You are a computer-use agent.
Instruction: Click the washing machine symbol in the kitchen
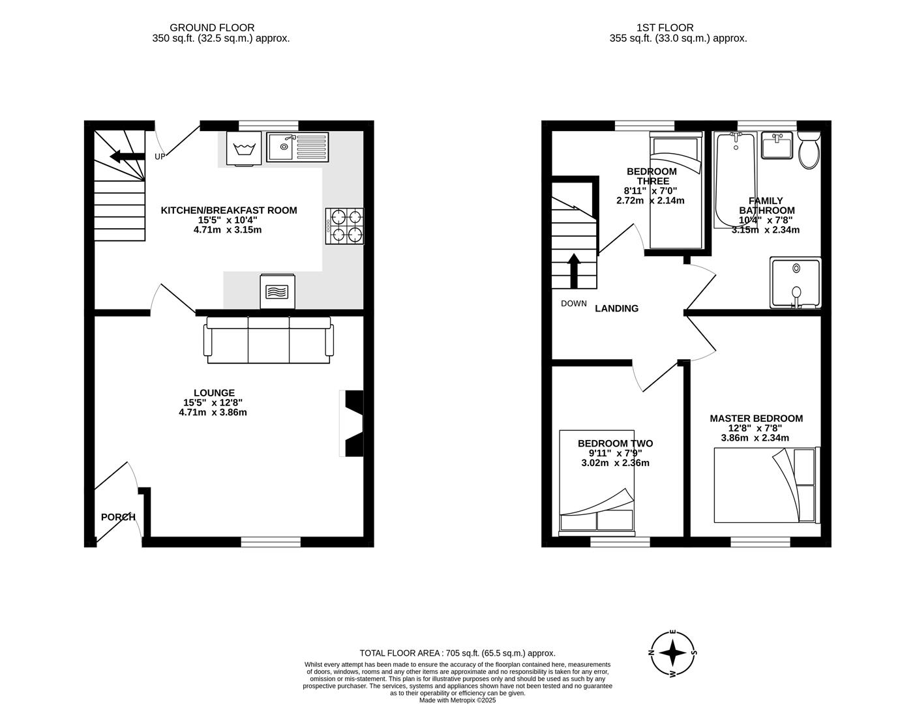coord(244,149)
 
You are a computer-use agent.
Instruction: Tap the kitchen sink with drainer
coord(298,147)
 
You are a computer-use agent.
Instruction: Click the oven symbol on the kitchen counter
coord(277,291)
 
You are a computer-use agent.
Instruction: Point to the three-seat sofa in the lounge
coord(269,340)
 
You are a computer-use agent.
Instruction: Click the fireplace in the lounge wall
coord(353,424)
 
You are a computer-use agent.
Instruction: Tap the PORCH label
coord(118,517)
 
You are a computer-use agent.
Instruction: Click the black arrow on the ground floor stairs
coord(127,156)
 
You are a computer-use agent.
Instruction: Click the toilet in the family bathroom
coord(809,150)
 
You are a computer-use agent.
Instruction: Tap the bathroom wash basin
coord(777,146)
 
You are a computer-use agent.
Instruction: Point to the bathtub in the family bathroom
coord(735,180)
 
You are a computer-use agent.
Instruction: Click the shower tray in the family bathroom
coord(796,282)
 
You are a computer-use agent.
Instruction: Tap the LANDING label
coord(616,308)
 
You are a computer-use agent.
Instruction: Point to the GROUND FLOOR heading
coord(212,27)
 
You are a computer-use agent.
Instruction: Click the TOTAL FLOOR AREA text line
coord(457,653)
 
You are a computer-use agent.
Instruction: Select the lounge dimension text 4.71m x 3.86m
coord(213,412)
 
